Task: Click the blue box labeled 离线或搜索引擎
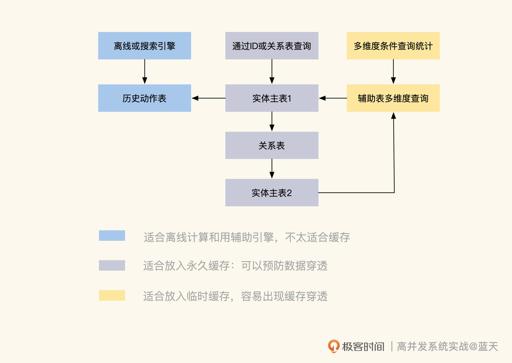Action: click(x=145, y=46)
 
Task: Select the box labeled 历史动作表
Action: click(x=145, y=98)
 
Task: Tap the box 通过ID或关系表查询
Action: click(x=272, y=46)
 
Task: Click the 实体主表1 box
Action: click(x=272, y=98)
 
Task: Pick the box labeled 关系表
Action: click(x=272, y=145)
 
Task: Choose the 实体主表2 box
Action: click(x=272, y=192)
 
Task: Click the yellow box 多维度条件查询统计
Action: click(x=393, y=46)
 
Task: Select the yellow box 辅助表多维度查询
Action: click(x=393, y=98)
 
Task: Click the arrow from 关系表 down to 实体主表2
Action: click(x=272, y=169)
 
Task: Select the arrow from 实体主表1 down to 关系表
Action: click(x=272, y=121)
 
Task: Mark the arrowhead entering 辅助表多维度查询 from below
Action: click(x=394, y=116)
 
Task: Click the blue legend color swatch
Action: click(x=112, y=235)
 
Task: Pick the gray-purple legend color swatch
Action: click(x=112, y=265)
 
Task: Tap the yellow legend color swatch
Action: click(x=112, y=295)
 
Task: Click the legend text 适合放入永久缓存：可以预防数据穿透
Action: click(x=235, y=266)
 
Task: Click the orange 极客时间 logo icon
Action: click(x=334, y=346)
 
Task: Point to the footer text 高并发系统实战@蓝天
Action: click(x=447, y=347)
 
